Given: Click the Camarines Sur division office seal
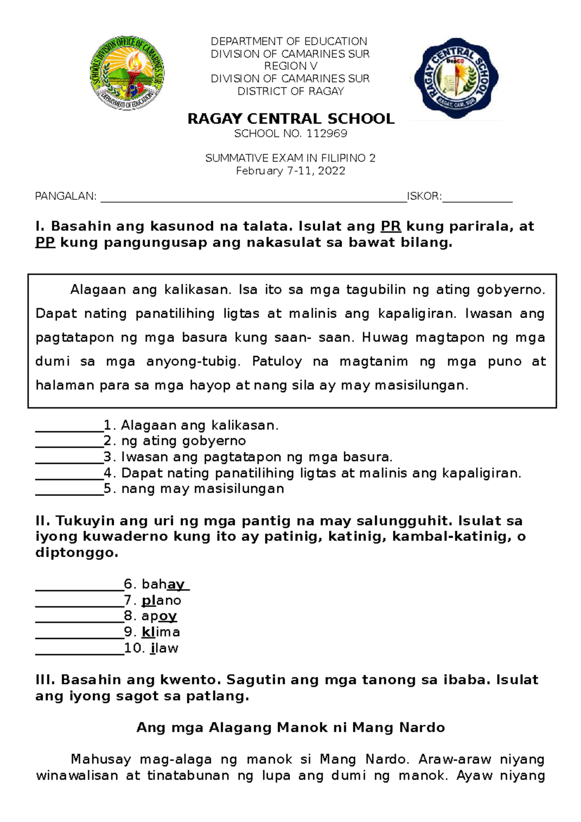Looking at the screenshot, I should tap(127, 73).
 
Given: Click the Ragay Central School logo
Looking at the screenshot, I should tap(456, 77).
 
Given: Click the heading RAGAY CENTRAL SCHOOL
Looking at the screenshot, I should tap(290, 119).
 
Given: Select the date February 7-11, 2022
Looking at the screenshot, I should tap(290, 171).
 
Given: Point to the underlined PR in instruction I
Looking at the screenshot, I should tap(391, 227).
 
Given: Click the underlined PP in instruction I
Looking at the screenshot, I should tap(45, 243).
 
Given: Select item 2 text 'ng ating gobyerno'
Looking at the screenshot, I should tap(183, 441).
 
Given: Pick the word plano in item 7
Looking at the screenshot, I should tap(161, 601).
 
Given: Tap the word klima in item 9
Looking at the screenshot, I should tap(161, 632).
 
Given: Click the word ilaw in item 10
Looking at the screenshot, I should tap(164, 648).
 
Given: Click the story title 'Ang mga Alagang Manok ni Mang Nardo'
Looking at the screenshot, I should tap(290, 728).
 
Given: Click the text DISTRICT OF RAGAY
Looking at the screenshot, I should tap(290, 91).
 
